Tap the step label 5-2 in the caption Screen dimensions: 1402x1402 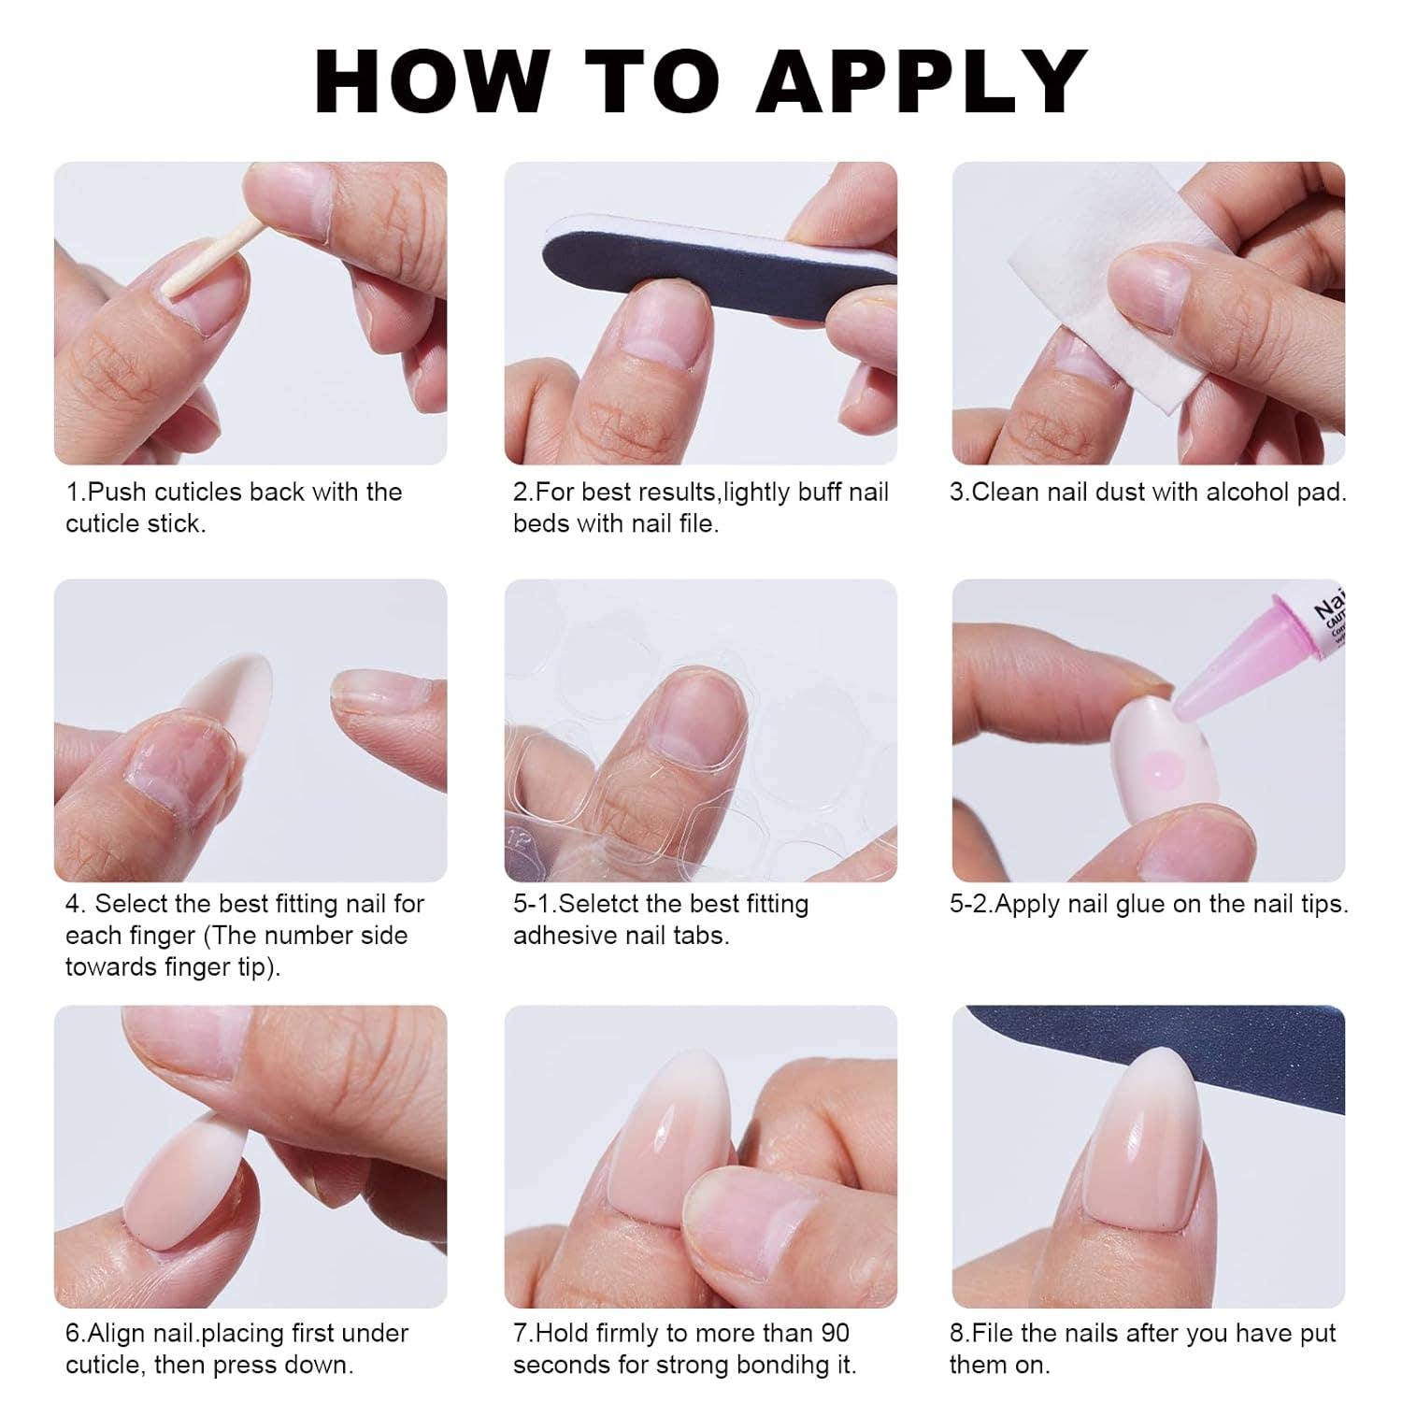pos(971,904)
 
